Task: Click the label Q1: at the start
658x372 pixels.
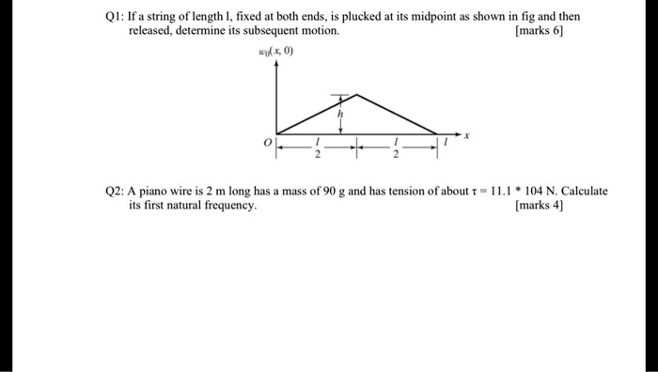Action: (x=117, y=17)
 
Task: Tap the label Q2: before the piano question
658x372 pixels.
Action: (x=117, y=191)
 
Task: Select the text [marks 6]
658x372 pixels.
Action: (x=541, y=31)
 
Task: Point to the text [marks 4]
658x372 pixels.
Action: (x=541, y=205)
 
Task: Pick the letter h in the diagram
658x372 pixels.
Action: (x=341, y=113)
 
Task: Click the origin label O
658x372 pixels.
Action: (x=266, y=143)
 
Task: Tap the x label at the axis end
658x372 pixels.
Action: (x=467, y=136)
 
